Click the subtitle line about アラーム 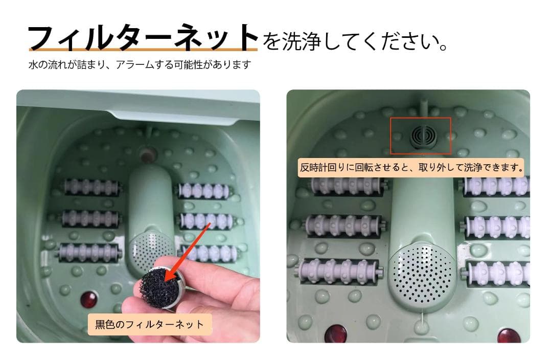140,65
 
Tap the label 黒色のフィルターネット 150,324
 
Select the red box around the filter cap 421,136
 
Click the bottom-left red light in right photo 336,334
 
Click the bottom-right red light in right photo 509,336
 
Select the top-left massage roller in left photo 93,187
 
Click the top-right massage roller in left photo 204,190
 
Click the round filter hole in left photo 149,152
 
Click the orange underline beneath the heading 143,50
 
